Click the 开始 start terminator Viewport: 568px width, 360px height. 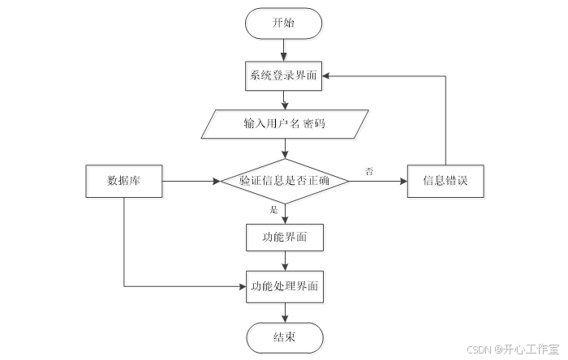284,24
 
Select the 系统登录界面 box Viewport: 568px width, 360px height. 284,77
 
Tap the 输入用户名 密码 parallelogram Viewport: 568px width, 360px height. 284,124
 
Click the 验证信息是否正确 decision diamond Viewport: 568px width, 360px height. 284,181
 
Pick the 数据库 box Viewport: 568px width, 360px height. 124,181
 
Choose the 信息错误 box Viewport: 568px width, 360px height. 445,181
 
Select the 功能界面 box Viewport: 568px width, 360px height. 284,238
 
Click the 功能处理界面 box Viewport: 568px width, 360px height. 284,286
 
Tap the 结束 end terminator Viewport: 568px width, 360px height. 284,336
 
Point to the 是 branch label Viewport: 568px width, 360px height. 273,210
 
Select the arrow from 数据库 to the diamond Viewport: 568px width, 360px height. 191,181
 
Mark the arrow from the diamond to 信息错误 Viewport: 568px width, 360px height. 377,181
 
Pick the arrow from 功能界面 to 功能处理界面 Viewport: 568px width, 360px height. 284,261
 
